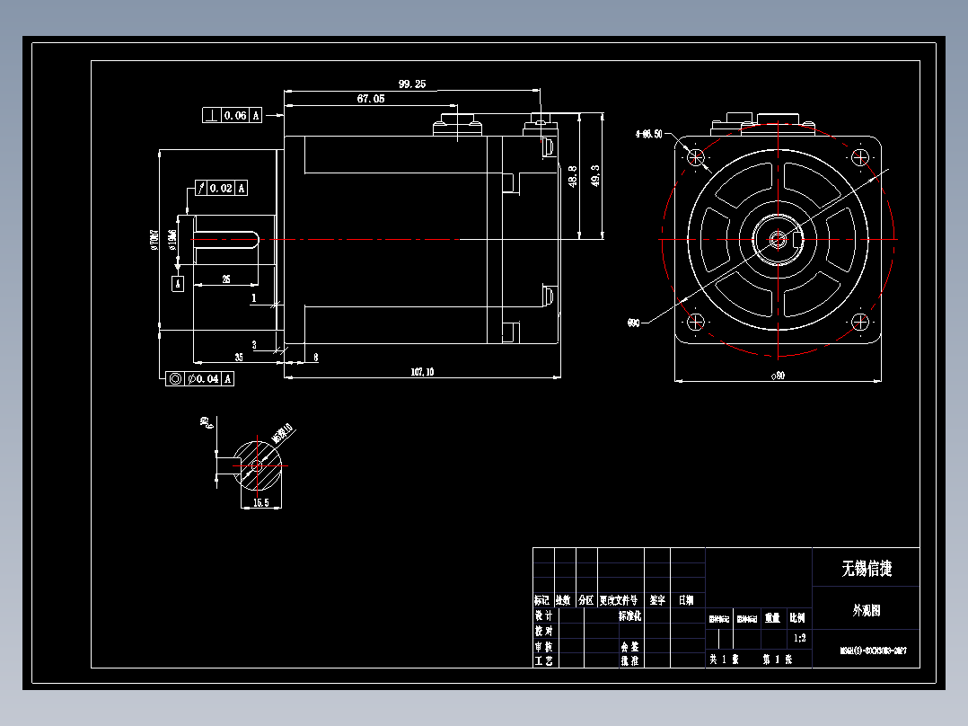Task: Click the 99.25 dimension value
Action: (412, 84)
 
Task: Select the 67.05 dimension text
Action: (371, 99)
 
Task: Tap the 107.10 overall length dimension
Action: (422, 371)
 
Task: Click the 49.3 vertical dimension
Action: (594, 176)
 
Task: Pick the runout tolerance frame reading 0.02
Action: (220, 188)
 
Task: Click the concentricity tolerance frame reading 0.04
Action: (201, 378)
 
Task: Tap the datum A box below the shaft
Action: (178, 283)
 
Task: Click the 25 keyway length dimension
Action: (225, 279)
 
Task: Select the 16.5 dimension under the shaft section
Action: (260, 503)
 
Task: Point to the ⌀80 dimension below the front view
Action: (778, 376)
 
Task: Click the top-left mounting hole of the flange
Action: (698, 157)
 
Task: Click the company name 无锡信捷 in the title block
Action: (866, 568)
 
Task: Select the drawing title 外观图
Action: (866, 610)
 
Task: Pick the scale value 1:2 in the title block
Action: (799, 638)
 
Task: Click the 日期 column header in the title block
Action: (686, 599)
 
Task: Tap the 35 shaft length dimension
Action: (239, 357)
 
